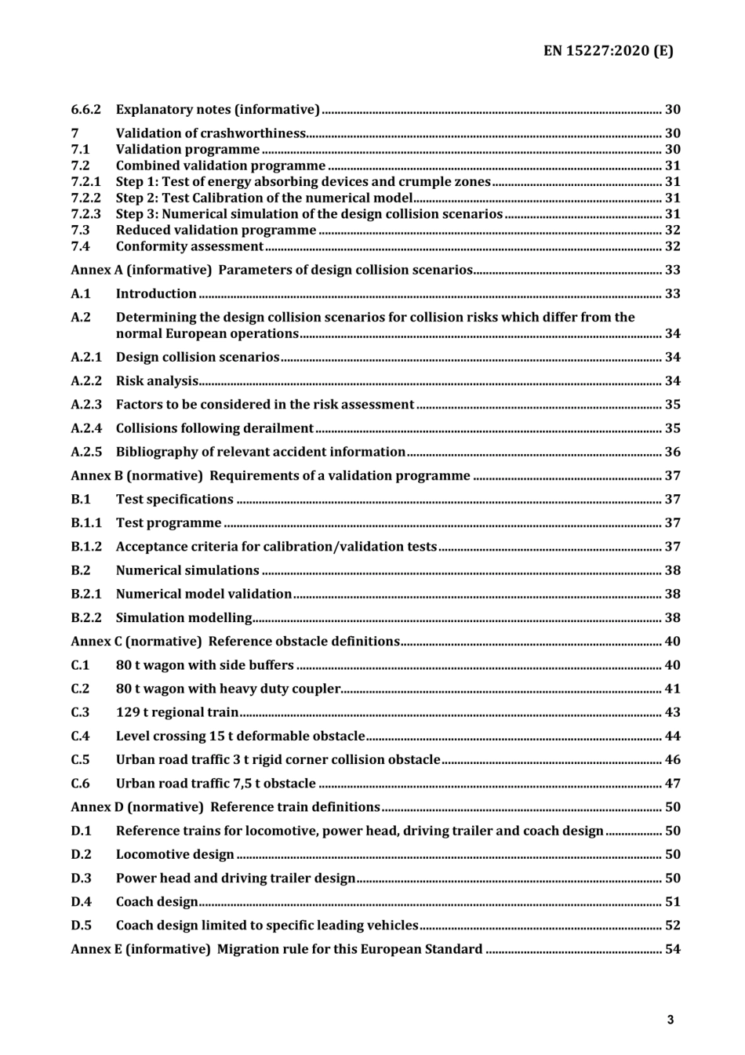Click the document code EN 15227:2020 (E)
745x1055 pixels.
(608, 51)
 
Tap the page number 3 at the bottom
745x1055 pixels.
(670, 1020)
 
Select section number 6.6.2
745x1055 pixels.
(85, 110)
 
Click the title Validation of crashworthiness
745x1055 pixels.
(210, 133)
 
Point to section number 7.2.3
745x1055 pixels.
(85, 214)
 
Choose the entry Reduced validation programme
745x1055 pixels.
(216, 230)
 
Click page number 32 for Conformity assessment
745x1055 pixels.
(672, 246)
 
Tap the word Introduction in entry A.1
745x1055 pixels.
(156, 293)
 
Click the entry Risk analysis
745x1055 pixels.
(157, 380)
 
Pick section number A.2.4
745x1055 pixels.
(86, 428)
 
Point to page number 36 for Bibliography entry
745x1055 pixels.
(672, 452)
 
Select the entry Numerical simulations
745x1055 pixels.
(187, 570)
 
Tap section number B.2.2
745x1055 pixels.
(86, 617)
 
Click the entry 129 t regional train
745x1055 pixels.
(177, 712)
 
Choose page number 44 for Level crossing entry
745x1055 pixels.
(672, 736)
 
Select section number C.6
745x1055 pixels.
(80, 783)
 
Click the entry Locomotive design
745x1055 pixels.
(175, 854)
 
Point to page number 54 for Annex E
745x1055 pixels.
(672, 949)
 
